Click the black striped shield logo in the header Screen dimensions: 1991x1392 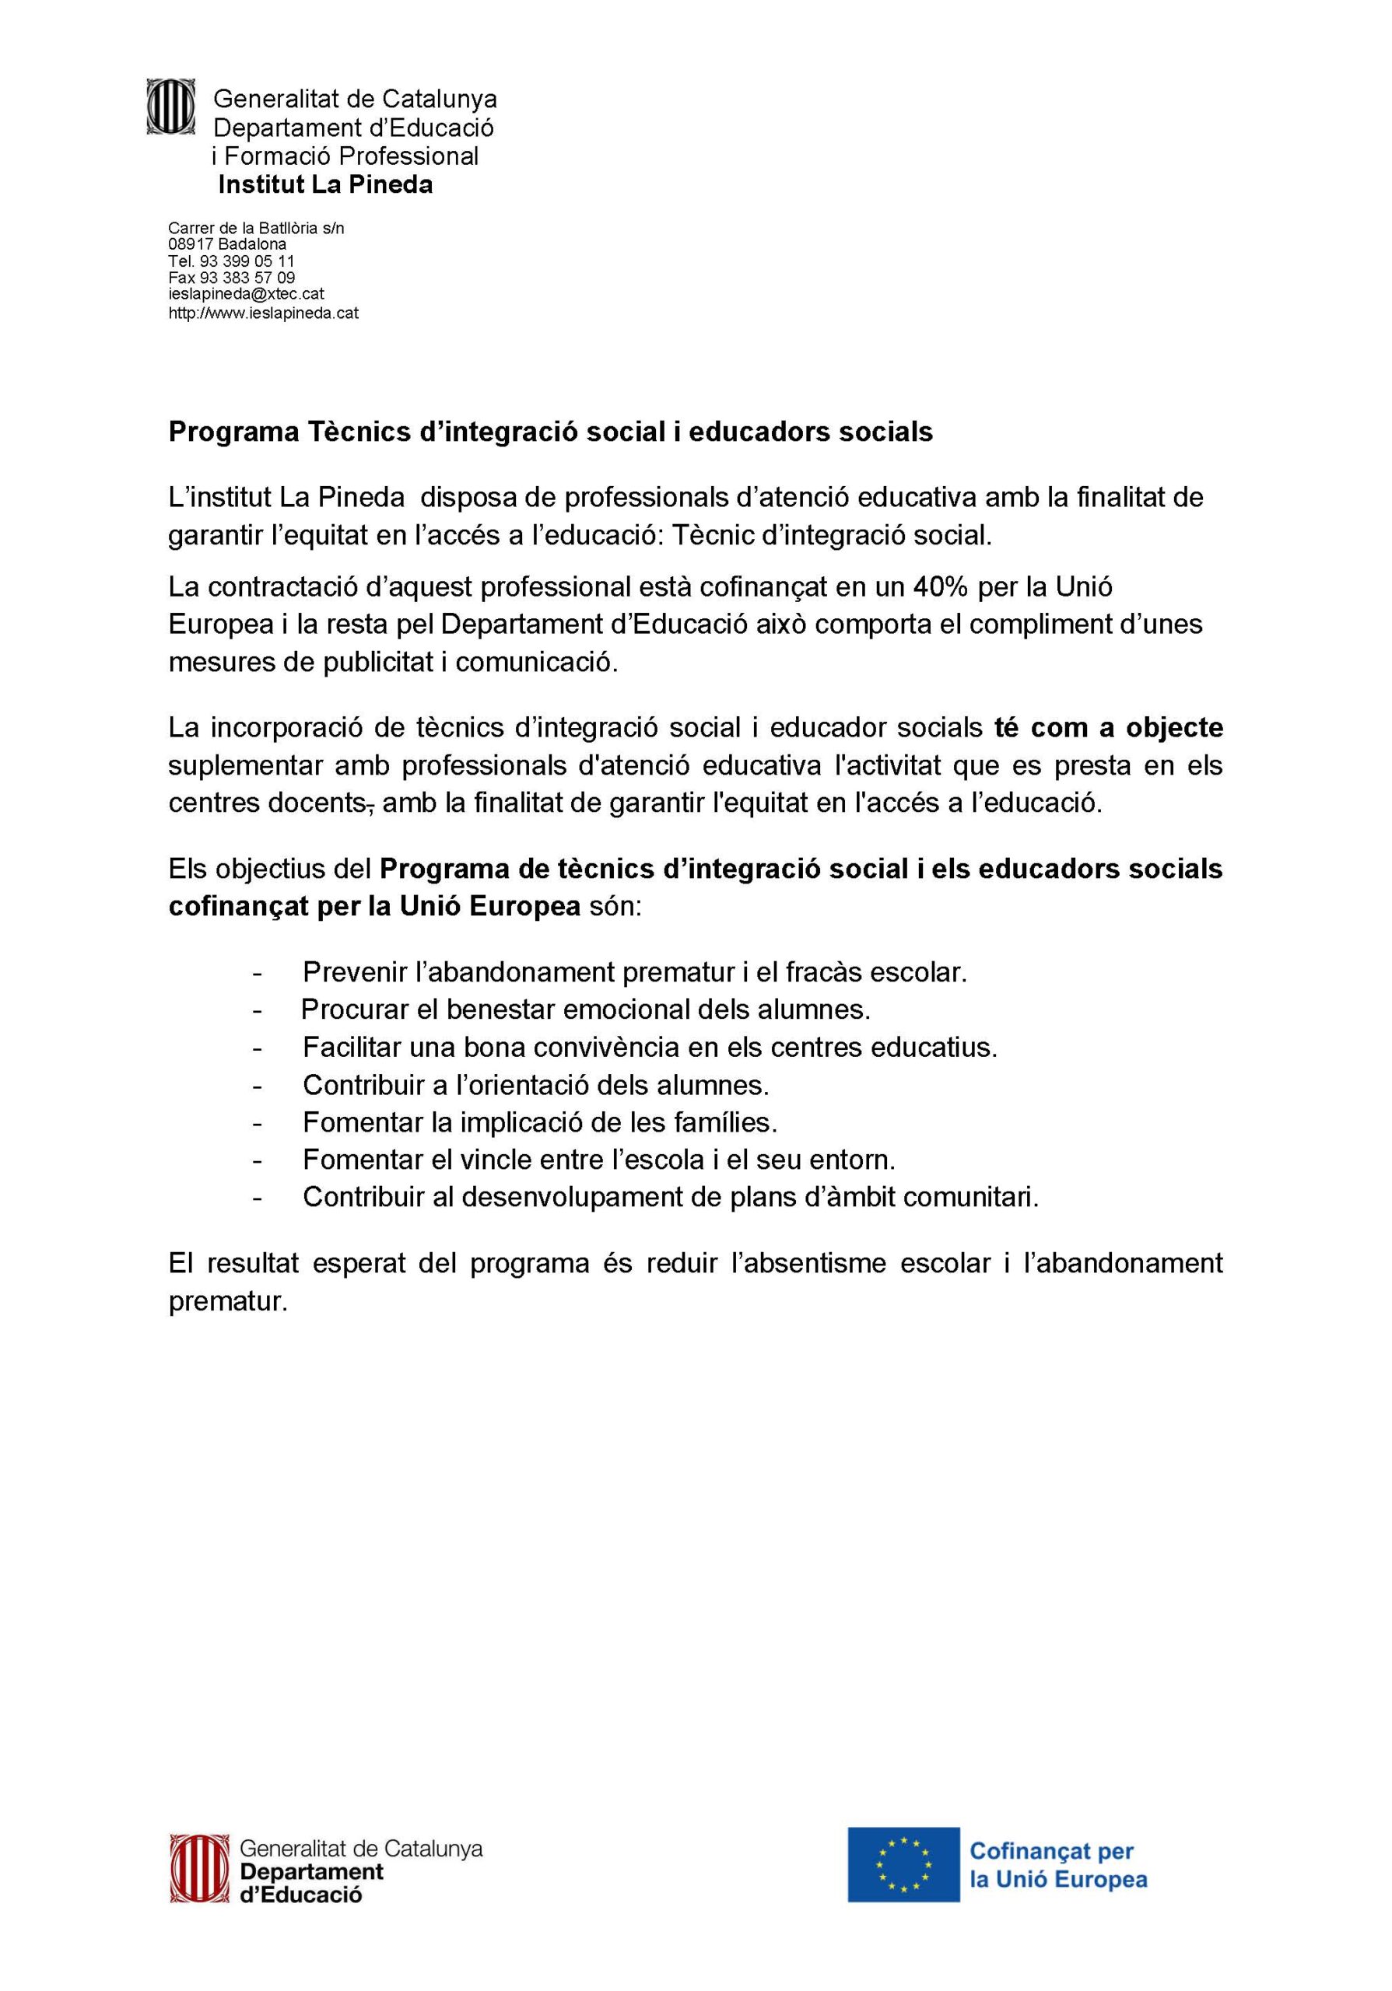coord(171,107)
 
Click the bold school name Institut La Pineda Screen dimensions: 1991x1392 coord(325,184)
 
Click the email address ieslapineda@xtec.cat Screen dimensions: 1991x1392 coord(247,295)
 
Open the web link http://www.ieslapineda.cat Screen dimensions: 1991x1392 coord(263,312)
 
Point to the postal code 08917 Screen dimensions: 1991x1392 coord(191,244)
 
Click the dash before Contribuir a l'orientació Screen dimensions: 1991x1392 coord(257,1086)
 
